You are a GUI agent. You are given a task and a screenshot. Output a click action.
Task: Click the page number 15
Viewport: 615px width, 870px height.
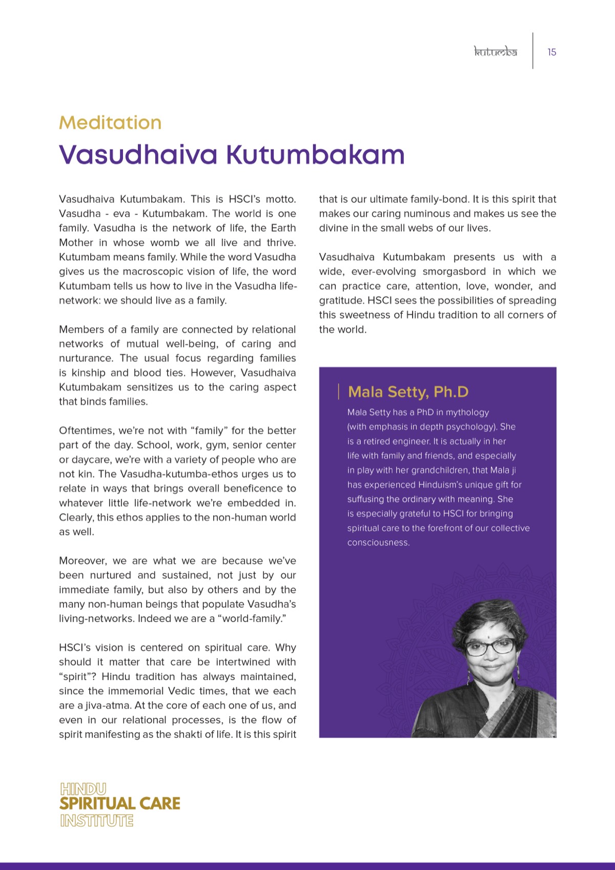point(551,52)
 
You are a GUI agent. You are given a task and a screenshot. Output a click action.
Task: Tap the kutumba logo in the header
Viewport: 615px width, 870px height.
point(495,52)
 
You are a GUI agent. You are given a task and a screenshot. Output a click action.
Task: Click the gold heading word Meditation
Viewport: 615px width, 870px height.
point(110,123)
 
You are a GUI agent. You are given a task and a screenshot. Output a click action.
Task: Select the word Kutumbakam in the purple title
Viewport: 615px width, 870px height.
point(315,154)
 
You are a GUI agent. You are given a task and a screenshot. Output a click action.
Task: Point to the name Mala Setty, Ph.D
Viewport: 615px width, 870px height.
point(408,392)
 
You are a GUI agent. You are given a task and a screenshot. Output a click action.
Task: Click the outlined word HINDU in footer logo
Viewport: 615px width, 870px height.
point(83,788)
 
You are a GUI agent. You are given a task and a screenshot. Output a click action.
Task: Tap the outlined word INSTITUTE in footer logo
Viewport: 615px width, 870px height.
point(96,821)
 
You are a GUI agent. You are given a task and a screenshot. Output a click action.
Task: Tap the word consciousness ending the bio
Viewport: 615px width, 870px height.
point(378,542)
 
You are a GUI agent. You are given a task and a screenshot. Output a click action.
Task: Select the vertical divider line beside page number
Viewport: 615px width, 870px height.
point(532,51)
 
